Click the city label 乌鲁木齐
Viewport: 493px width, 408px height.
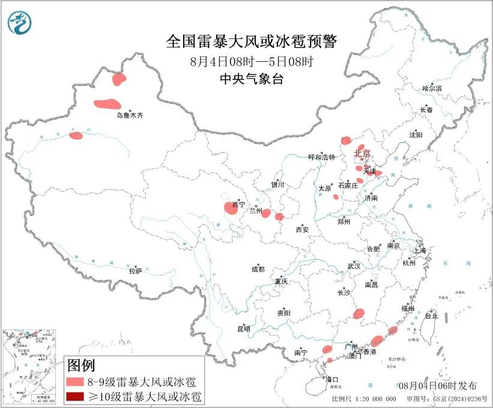coord(130,114)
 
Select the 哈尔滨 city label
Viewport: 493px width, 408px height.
coord(432,88)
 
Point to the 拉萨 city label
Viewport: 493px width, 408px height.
coord(135,271)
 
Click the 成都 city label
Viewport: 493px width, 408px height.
coord(258,270)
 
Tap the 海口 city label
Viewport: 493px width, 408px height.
coord(332,379)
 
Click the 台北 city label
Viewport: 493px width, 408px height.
coord(431,315)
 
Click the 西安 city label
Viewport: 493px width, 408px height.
coord(302,229)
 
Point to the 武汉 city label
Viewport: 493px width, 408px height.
coord(354,266)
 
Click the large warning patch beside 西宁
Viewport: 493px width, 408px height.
coord(230,209)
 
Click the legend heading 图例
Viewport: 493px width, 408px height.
coord(81,365)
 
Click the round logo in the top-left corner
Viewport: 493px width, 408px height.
coord(19,23)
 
